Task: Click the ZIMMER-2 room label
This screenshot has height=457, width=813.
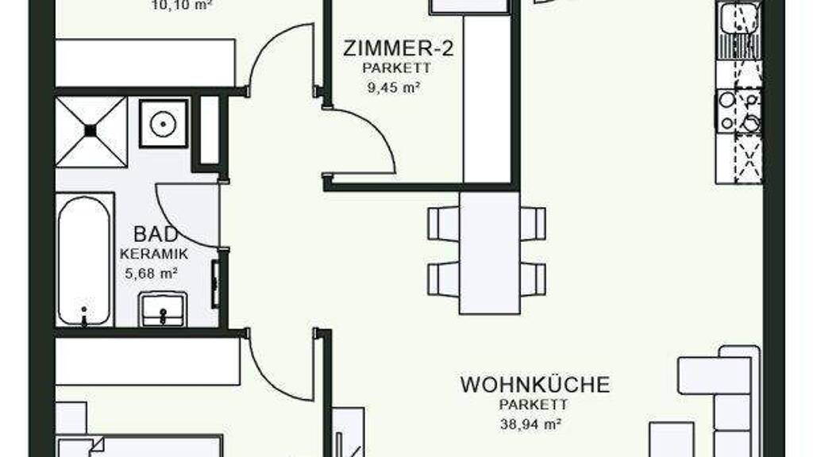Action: click(x=399, y=48)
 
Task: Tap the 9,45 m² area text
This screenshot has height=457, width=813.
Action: click(x=394, y=87)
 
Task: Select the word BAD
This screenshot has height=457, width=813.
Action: click(x=156, y=234)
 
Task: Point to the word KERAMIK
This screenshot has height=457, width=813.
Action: click(x=154, y=255)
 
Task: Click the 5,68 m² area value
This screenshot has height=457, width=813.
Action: click(x=152, y=273)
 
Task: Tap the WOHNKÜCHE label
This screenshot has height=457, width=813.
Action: click(x=535, y=385)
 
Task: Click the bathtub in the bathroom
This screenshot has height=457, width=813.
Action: click(x=85, y=260)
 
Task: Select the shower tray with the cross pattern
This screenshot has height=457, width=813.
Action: click(x=91, y=132)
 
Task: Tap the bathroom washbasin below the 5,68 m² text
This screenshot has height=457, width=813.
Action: click(x=162, y=309)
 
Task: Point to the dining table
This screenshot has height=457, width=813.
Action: click(x=489, y=253)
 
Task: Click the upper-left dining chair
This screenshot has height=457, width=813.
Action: click(x=443, y=223)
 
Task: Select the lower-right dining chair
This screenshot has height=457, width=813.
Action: click(x=533, y=280)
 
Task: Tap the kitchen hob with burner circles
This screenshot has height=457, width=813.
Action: click(x=739, y=111)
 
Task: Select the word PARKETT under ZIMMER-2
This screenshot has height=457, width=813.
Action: click(x=397, y=68)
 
